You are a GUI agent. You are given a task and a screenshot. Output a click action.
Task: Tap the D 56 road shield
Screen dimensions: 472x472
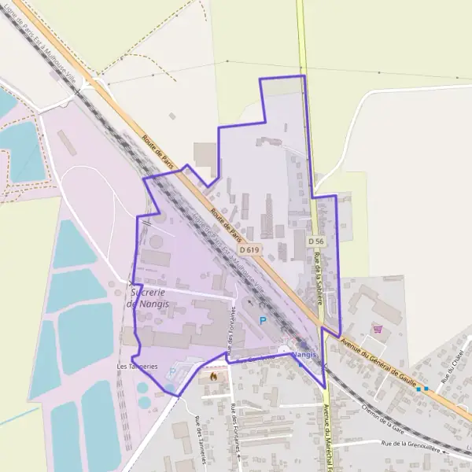point(316,241)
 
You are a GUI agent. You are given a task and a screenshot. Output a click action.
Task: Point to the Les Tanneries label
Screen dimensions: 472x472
point(137,367)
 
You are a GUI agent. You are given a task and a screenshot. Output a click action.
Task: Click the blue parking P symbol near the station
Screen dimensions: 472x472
point(263,319)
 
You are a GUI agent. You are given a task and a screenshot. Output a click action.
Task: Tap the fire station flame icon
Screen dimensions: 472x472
point(212,377)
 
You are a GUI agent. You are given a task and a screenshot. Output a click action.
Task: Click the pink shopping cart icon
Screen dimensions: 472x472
point(378,329)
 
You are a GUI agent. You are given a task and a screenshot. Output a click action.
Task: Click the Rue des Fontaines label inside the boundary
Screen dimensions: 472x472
point(230,330)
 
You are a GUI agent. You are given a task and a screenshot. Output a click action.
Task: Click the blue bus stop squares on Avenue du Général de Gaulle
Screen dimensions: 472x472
point(422,389)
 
